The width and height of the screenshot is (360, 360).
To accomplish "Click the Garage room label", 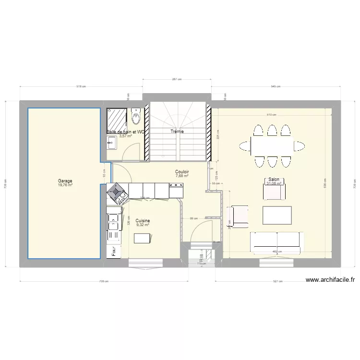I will tap(65, 181).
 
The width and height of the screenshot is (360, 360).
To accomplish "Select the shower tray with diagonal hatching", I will tap(117, 117).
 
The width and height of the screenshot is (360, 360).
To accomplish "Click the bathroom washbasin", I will tap(111, 142).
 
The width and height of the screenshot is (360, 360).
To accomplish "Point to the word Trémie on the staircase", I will tap(178, 131).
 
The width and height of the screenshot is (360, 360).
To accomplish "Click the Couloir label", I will tap(182, 171).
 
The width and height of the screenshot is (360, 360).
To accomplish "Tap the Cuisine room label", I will tap(143, 221).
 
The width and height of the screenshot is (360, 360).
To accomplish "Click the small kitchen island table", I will tap(142, 238).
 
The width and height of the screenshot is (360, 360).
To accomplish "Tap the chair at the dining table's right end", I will tap(300, 145).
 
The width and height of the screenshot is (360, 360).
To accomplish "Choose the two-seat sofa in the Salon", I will tap(277, 241).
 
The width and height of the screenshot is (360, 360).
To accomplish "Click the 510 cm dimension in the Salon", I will tap(272, 115).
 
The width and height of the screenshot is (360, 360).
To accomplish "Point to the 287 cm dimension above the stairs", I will tap(177, 79).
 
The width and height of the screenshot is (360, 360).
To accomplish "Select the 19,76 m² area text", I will tap(65, 185).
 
